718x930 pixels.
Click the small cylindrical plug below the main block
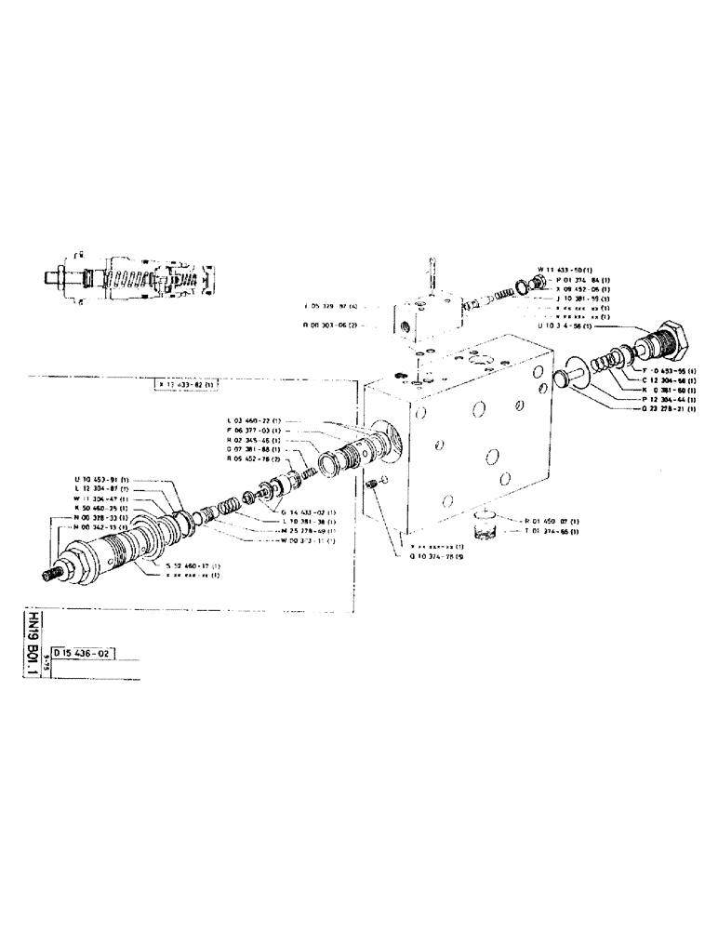483,526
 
